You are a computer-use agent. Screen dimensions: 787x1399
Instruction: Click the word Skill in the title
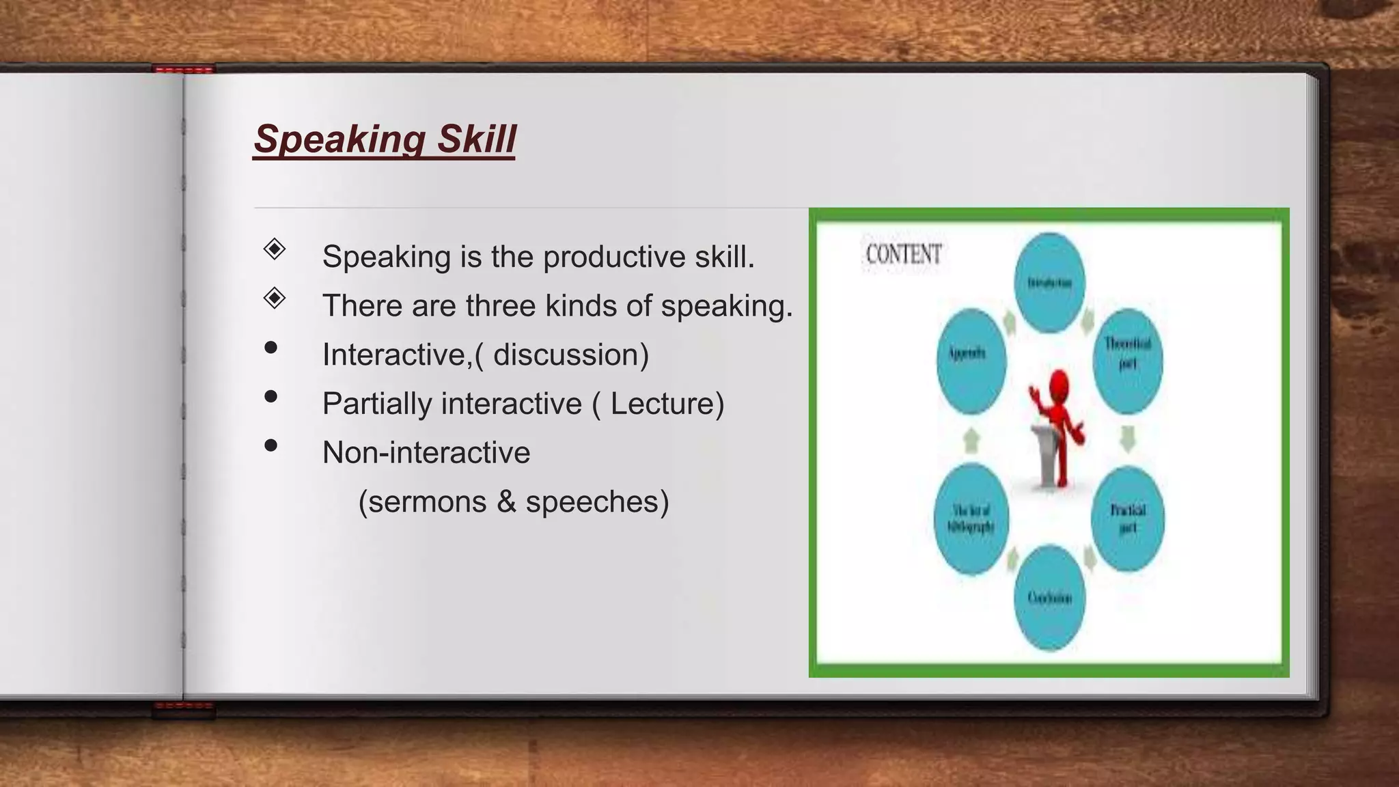(x=476, y=139)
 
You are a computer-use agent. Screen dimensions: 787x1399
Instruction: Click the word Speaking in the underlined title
(x=339, y=139)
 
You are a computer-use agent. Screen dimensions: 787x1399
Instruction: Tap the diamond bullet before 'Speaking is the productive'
(x=274, y=249)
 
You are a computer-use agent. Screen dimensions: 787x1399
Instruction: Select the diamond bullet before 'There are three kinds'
(x=274, y=298)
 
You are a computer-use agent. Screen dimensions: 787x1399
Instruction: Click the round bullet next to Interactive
(x=271, y=348)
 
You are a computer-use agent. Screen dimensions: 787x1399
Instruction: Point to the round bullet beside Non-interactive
(x=271, y=446)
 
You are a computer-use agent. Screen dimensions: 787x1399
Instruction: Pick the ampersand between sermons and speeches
(x=506, y=502)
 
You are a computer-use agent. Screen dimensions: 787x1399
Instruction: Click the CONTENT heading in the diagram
(x=903, y=254)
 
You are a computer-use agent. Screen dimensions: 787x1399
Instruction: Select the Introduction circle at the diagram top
(x=1049, y=283)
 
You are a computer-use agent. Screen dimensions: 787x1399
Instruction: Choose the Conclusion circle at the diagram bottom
(x=1049, y=598)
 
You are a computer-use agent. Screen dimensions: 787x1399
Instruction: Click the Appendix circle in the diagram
(x=971, y=361)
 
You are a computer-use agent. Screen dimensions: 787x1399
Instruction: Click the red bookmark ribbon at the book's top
(x=183, y=69)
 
